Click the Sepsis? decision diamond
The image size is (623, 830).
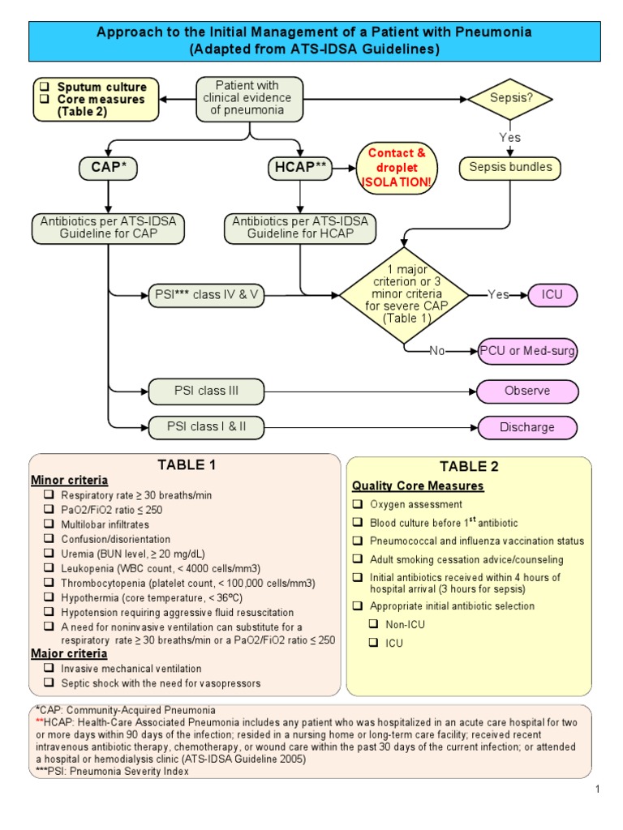click(x=510, y=99)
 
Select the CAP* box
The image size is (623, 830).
click(x=108, y=169)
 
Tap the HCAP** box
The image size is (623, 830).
click(x=299, y=169)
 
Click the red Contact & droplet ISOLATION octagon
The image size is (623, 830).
click(x=397, y=169)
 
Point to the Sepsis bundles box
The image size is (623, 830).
click(x=510, y=168)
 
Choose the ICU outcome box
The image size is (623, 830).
click(x=553, y=294)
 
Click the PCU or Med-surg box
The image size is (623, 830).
click(x=528, y=351)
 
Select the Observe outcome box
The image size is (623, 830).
click(x=527, y=391)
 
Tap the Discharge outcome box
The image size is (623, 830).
click(x=527, y=427)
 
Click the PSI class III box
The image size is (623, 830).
click(x=207, y=391)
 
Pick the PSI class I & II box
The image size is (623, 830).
click(x=207, y=426)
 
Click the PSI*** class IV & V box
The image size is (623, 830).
click(x=207, y=294)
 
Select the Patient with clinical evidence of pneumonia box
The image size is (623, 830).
click(x=250, y=99)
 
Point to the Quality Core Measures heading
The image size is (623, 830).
click(x=418, y=486)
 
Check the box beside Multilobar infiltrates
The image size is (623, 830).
click(x=49, y=524)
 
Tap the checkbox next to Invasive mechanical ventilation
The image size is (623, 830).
click(x=49, y=669)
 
